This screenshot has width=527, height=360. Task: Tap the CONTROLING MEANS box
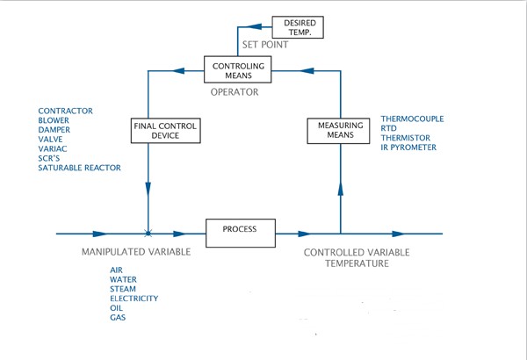click(x=239, y=69)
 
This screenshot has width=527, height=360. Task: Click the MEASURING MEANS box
click(x=340, y=131)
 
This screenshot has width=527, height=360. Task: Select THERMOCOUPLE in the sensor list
click(x=412, y=118)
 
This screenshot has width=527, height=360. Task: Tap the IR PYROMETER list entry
click(x=408, y=147)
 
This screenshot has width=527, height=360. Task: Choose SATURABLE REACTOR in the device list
click(x=80, y=168)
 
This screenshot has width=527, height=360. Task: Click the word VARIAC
click(x=53, y=148)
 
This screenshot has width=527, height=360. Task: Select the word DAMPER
click(x=54, y=129)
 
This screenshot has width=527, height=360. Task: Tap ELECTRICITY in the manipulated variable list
click(x=134, y=299)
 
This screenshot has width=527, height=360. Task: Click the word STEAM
click(x=123, y=289)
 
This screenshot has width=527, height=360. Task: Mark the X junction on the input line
click(x=148, y=234)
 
